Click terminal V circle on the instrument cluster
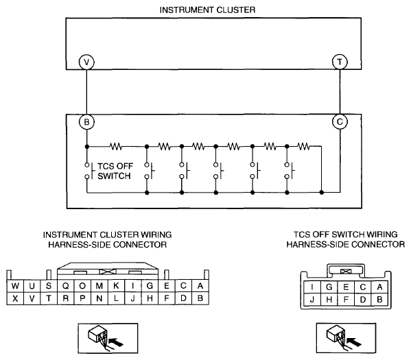click(86, 62)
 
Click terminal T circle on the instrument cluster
click(340, 62)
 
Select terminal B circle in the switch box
click(86, 122)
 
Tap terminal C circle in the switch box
click(340, 121)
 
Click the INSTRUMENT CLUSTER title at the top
click(207, 10)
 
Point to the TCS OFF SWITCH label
click(115, 171)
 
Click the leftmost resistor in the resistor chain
click(115, 146)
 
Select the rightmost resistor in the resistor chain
click(304, 146)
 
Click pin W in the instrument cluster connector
click(15, 286)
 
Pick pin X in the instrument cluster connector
click(15, 298)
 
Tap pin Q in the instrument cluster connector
click(66, 286)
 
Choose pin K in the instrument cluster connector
click(116, 286)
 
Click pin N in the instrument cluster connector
click(99, 298)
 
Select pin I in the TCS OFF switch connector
click(312, 287)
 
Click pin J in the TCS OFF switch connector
click(312, 300)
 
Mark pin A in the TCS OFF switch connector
click(379, 287)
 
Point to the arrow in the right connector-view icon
click(354, 341)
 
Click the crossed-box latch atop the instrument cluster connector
click(108, 272)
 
